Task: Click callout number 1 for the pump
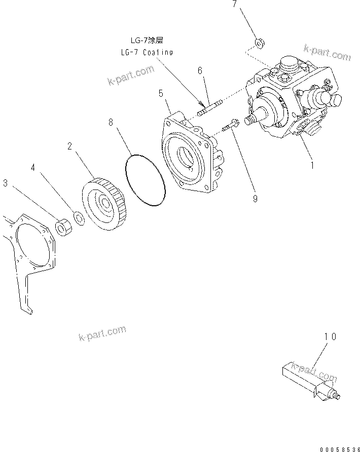312,165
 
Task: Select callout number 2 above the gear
69,146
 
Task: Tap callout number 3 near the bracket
5,183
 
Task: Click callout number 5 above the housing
161,93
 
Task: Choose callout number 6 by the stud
200,71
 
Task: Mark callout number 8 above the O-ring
111,122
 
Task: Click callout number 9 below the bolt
255,199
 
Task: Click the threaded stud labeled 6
208,109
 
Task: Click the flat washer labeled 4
79,217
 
